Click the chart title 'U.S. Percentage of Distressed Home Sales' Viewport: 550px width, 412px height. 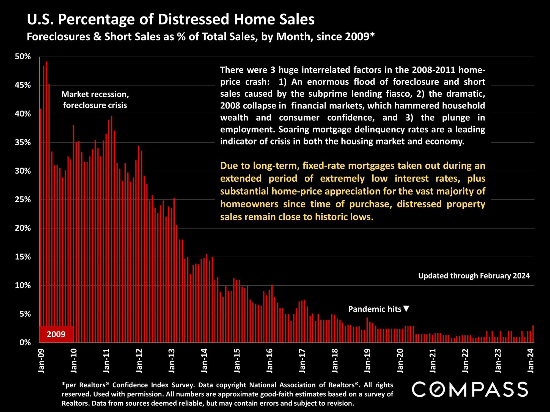(170, 20)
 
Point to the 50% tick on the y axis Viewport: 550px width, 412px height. (23, 57)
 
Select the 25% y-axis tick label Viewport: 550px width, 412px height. (23, 200)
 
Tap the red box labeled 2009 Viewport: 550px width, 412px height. (56, 334)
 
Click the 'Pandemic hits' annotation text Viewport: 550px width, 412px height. (375, 309)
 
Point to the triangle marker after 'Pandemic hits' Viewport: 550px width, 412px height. (406, 309)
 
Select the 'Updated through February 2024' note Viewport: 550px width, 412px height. (474, 276)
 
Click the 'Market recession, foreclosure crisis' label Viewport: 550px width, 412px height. (95, 100)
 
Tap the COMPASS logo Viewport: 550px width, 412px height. (470, 389)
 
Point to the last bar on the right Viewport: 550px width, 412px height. (533, 334)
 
